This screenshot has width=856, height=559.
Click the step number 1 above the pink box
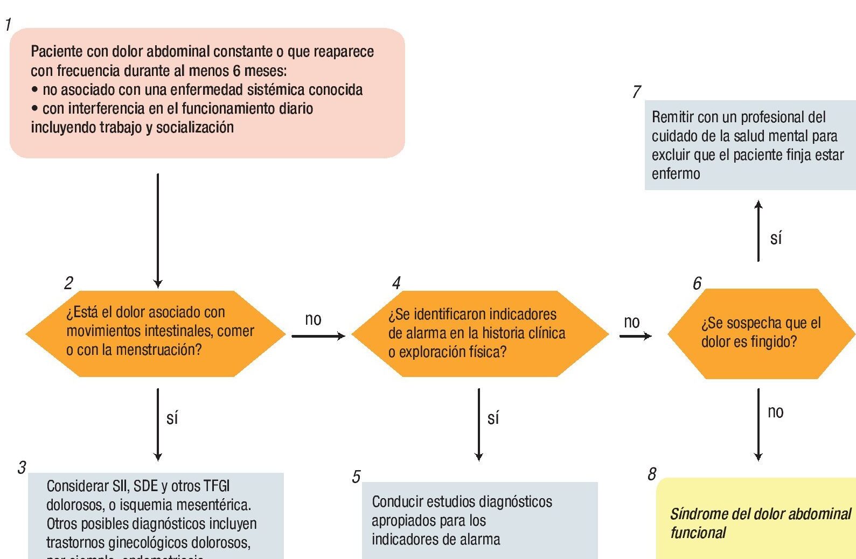(x=8, y=24)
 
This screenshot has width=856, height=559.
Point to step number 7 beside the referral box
(x=637, y=92)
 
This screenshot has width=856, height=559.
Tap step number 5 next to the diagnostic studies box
(x=356, y=477)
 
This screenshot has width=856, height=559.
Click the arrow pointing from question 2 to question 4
(x=318, y=336)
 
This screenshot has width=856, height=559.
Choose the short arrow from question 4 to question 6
(x=635, y=336)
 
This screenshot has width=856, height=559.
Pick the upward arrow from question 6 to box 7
(x=758, y=231)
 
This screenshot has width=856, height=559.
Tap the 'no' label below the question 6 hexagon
(x=775, y=412)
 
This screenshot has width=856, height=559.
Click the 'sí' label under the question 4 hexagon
(x=493, y=418)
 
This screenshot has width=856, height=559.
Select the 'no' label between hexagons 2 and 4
(x=313, y=319)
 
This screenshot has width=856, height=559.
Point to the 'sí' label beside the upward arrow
(x=776, y=238)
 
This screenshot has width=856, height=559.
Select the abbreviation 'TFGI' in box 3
(x=217, y=486)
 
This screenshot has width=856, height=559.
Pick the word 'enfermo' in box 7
(x=676, y=174)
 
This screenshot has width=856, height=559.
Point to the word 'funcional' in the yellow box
(x=698, y=533)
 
